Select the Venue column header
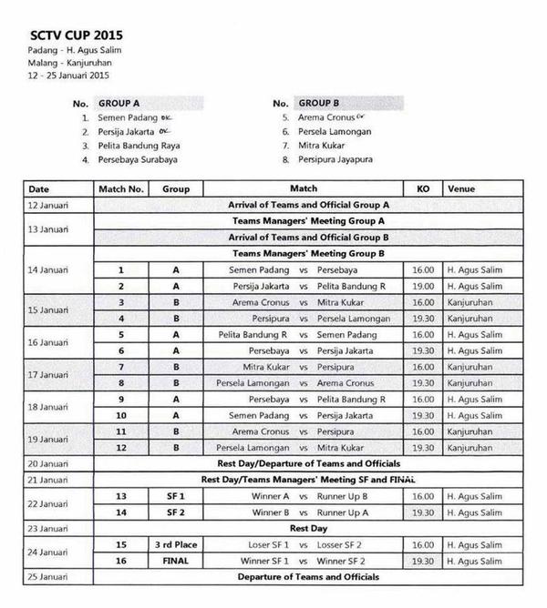click(460, 189)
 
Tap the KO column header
click(423, 189)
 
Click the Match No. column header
click(121, 189)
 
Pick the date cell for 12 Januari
click(48, 206)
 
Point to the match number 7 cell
click(121, 366)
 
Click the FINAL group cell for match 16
click(176, 561)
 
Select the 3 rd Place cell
click(176, 544)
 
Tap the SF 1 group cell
click(176, 496)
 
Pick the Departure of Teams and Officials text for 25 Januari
click(308, 577)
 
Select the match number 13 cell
click(121, 496)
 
